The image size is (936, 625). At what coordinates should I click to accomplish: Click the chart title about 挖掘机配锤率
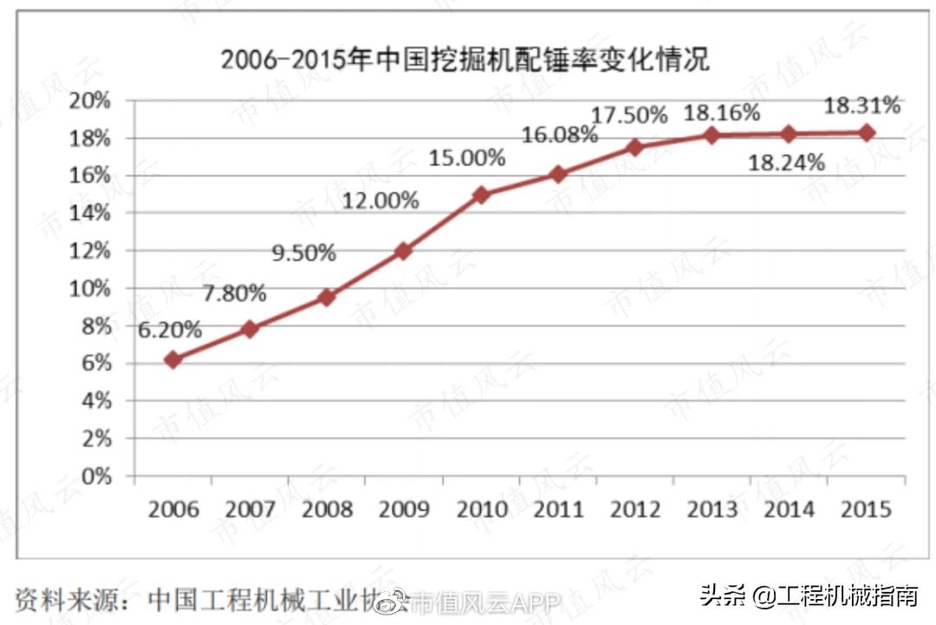(465, 60)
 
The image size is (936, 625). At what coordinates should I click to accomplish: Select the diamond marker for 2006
(173, 359)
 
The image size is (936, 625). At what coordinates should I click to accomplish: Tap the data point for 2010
(481, 195)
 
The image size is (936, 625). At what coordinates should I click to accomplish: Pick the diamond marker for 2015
(866, 133)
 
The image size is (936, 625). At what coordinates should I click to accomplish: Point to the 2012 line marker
(635, 147)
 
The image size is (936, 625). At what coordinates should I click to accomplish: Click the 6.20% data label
(170, 329)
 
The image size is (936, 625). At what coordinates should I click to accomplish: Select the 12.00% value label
(380, 200)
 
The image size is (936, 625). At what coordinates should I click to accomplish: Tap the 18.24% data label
(786, 162)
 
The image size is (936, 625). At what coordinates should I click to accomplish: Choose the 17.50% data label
(629, 115)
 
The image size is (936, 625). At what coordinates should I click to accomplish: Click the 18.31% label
(861, 106)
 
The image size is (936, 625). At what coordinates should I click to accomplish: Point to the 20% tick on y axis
(91, 101)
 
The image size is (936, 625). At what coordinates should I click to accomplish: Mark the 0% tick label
(96, 476)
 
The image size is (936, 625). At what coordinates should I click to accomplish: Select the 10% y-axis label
(91, 288)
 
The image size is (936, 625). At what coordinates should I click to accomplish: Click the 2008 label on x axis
(327, 508)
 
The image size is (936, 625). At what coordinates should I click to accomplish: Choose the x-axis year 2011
(558, 508)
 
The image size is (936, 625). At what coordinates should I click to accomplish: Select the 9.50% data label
(303, 253)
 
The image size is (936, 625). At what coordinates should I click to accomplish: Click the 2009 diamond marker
(403, 251)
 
